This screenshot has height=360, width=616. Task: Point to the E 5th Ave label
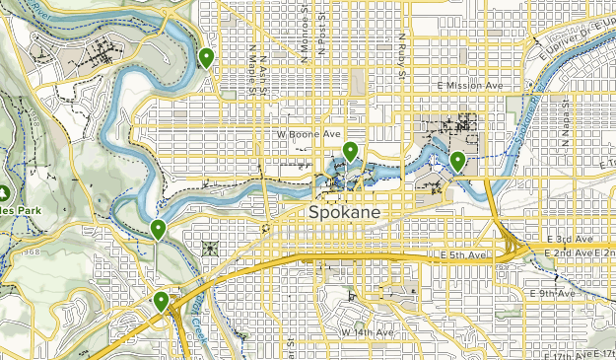pos(463,256)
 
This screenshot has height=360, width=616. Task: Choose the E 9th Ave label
pos(552,294)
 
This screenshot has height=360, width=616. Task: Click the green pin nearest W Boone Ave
pos(350,151)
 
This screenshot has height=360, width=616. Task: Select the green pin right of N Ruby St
pos(457,161)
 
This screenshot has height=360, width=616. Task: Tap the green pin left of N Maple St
pos(206,58)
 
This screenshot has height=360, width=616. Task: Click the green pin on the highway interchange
pos(161,301)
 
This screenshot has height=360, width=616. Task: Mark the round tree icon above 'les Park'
pos(4,192)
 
